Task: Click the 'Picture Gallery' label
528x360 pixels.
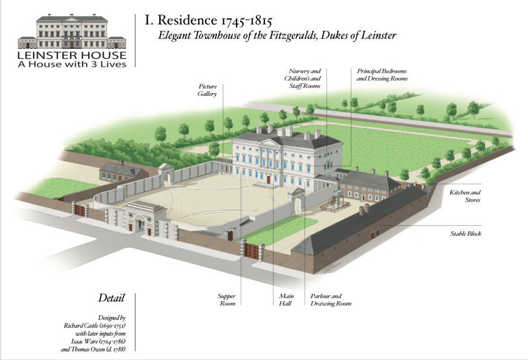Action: (207, 90)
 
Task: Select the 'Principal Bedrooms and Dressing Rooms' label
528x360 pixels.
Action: (382, 74)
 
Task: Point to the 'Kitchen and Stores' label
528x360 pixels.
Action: (465, 195)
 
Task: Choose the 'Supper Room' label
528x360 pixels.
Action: (227, 299)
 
